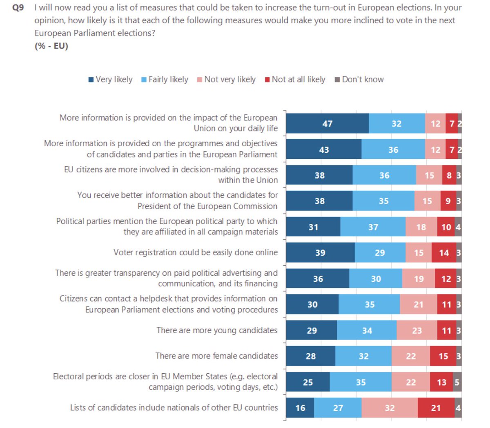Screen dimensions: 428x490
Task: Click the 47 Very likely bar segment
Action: [327, 124]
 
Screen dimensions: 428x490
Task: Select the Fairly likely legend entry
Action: [165, 80]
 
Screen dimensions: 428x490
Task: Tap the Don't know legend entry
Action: [359, 80]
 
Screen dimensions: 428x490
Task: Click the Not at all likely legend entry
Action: [295, 80]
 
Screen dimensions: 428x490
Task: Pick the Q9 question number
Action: [18, 7]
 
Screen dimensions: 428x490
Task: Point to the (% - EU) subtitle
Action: [51, 46]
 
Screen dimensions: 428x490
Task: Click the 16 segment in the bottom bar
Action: [300, 408]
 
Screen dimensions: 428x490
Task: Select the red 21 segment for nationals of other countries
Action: [436, 408]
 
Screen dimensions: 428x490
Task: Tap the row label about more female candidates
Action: [216, 356]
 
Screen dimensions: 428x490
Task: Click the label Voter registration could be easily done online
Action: [196, 253]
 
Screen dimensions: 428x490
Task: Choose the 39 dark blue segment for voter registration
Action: [320, 253]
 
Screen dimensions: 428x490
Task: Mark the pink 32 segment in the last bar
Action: [390, 408]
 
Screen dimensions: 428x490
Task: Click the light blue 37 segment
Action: [373, 227]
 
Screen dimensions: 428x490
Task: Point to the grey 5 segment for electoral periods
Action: [457, 382]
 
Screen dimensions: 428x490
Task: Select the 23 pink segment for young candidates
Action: [416, 330]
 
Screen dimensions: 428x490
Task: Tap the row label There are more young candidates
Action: [217, 330]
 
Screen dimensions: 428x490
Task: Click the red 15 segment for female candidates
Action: [443, 356]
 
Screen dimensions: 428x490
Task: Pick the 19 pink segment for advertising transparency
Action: [419, 279]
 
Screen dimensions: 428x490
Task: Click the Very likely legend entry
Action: [111, 80]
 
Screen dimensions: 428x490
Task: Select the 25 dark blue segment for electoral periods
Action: [307, 382]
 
